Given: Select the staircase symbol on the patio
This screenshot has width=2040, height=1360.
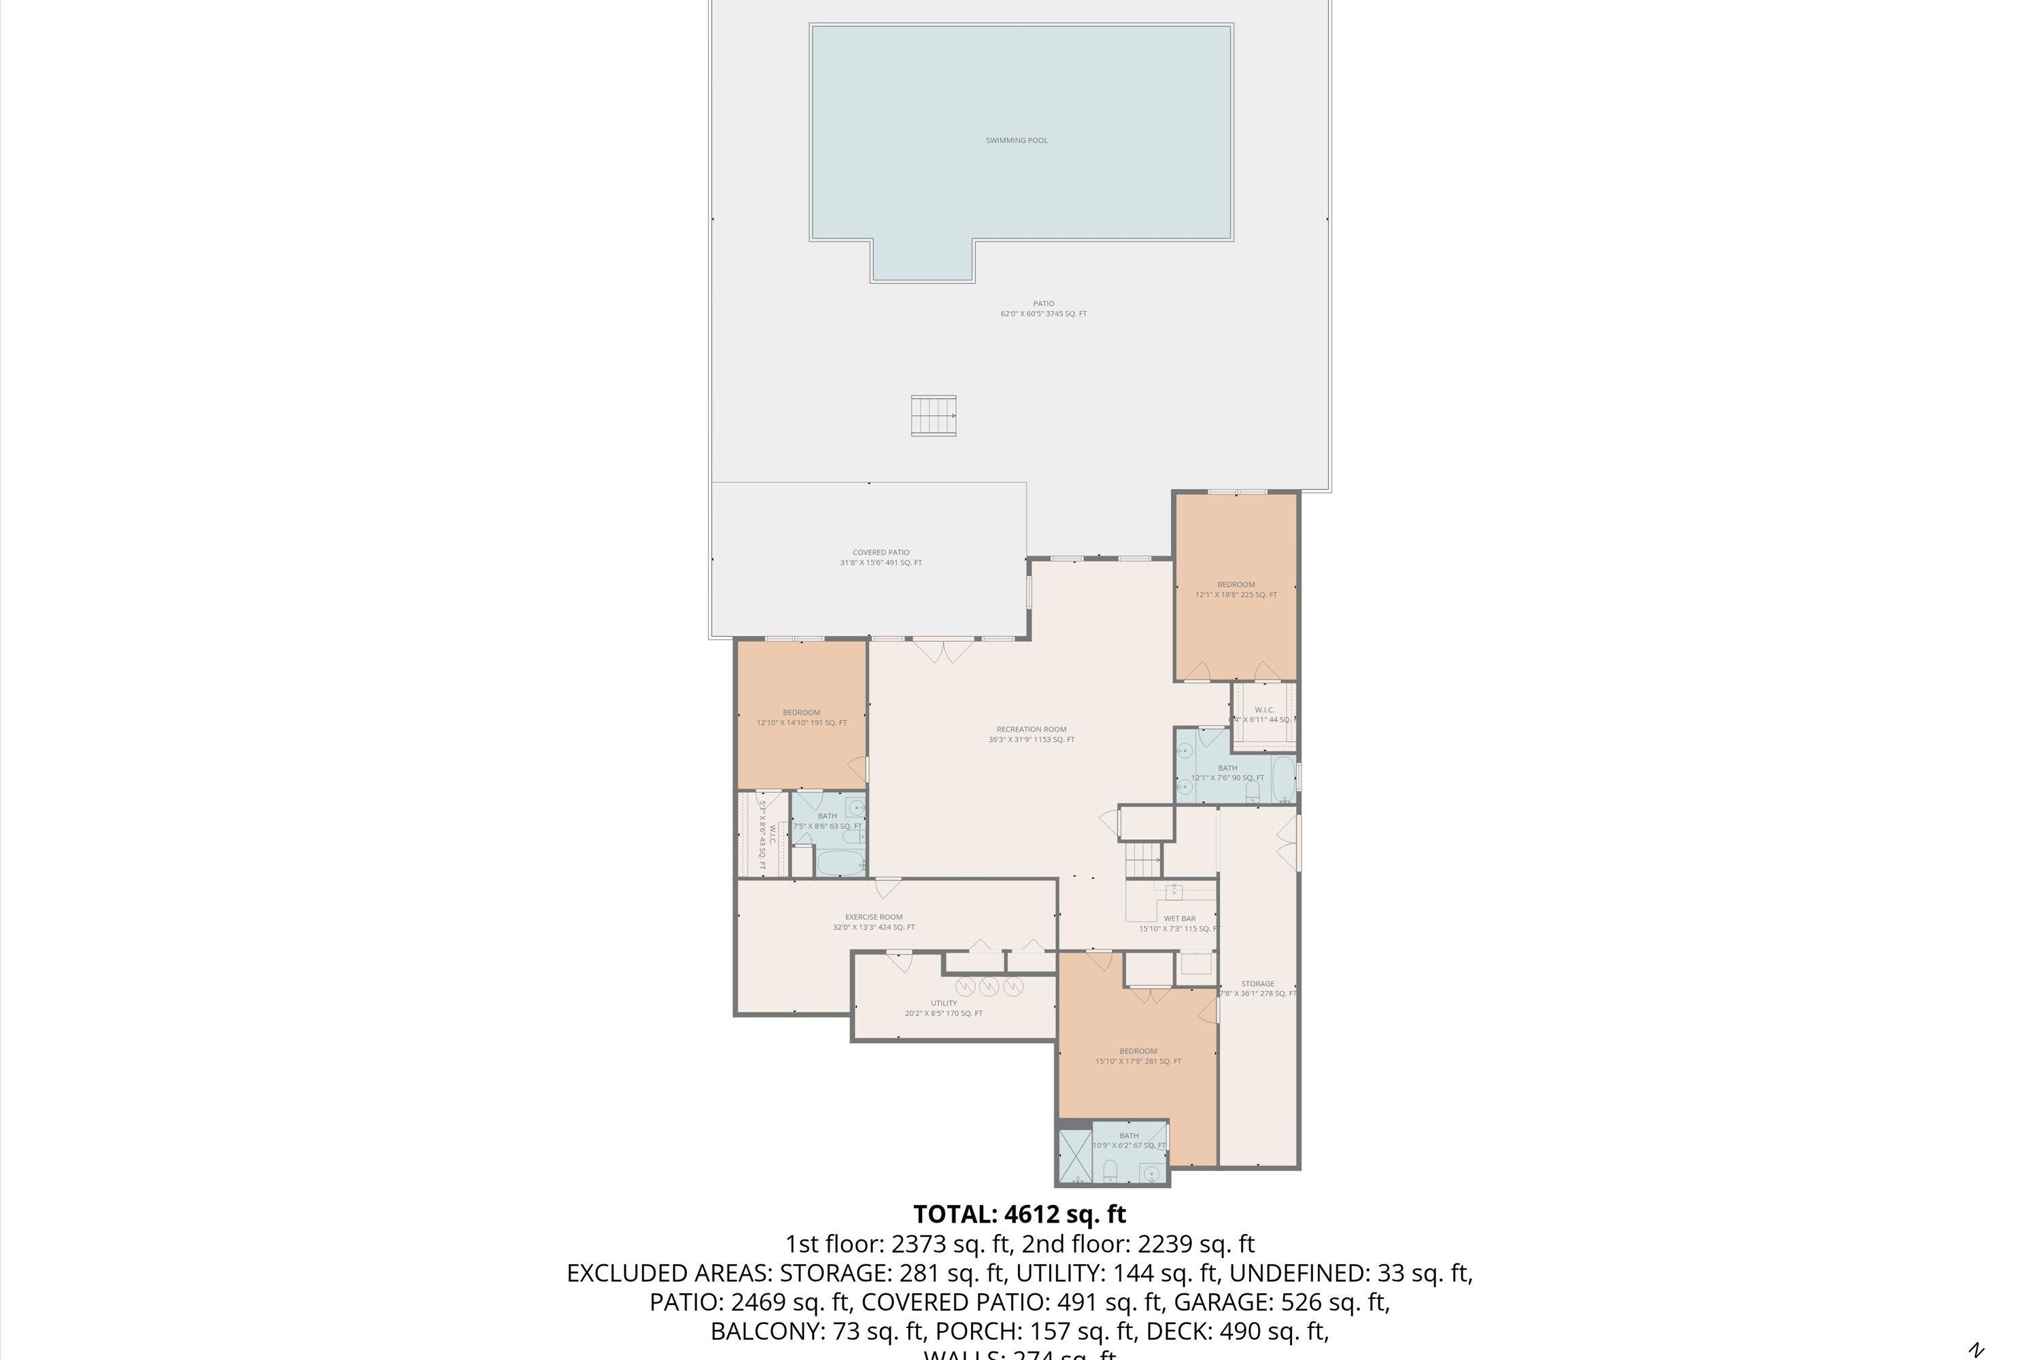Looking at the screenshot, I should (x=933, y=415).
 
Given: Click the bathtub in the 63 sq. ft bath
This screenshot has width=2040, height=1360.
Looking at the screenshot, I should (x=840, y=863).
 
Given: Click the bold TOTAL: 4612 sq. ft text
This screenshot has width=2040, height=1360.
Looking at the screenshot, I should (x=1019, y=1214).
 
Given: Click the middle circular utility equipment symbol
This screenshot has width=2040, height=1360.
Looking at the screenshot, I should (x=989, y=986).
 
